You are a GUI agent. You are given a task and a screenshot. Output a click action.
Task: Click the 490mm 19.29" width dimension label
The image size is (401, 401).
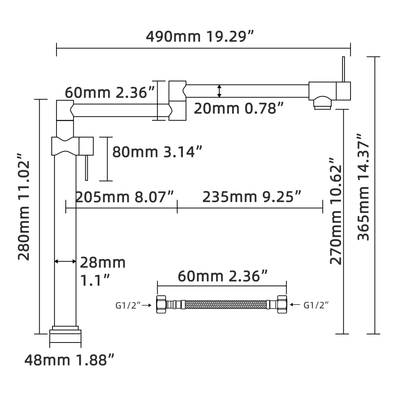[200, 36]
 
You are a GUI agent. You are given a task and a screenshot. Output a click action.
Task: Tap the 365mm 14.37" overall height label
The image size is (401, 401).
[364, 186]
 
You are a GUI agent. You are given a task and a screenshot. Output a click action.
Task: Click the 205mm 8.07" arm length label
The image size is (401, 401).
[125, 197]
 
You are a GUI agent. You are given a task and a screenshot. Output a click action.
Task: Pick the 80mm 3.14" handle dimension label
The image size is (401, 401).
[157, 152]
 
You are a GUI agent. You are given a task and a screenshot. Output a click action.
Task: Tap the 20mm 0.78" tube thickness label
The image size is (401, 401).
[239, 108]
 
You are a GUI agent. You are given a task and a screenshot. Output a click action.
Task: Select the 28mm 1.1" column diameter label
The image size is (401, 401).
[102, 271]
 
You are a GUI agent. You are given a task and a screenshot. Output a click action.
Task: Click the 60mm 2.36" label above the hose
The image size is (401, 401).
[223, 276]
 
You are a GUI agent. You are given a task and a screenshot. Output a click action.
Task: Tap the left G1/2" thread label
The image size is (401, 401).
[128, 305]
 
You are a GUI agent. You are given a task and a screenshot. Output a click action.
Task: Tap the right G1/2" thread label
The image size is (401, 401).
[316, 305]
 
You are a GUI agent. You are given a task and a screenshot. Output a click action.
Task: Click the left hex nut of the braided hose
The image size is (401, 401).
[161, 305]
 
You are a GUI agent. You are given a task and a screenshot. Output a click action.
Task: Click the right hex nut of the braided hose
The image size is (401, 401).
[282, 305]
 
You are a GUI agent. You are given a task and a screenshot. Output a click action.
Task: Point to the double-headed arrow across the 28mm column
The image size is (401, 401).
[65, 261]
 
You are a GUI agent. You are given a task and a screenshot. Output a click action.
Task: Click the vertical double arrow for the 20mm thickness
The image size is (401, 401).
[219, 91]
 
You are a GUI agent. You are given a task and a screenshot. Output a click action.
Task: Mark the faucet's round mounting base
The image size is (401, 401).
[65, 336]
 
